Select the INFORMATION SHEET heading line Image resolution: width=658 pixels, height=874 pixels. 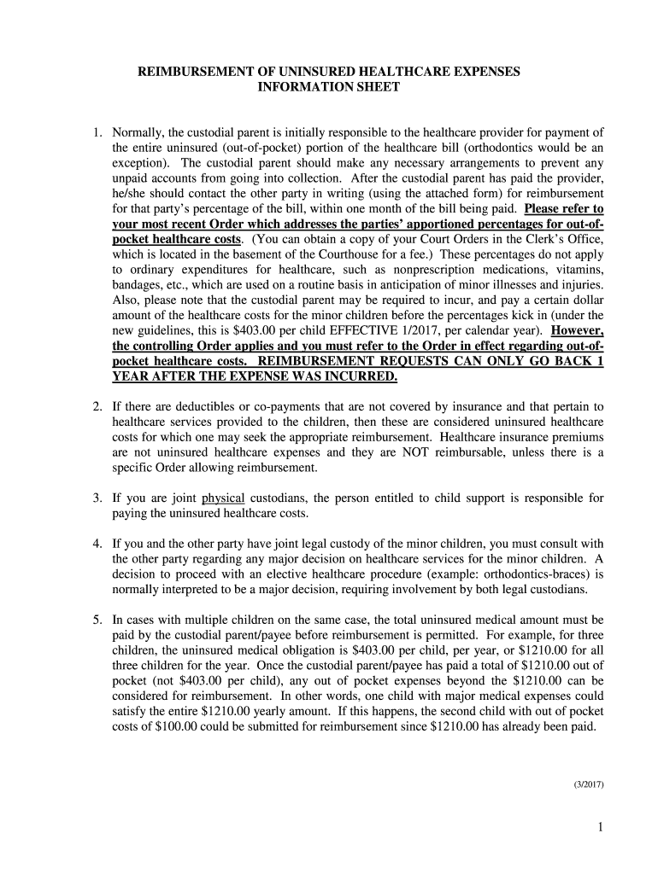328,87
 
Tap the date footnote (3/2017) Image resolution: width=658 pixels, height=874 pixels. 588,785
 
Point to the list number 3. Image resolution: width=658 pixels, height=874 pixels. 98,498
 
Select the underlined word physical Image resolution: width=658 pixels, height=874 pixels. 224,498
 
